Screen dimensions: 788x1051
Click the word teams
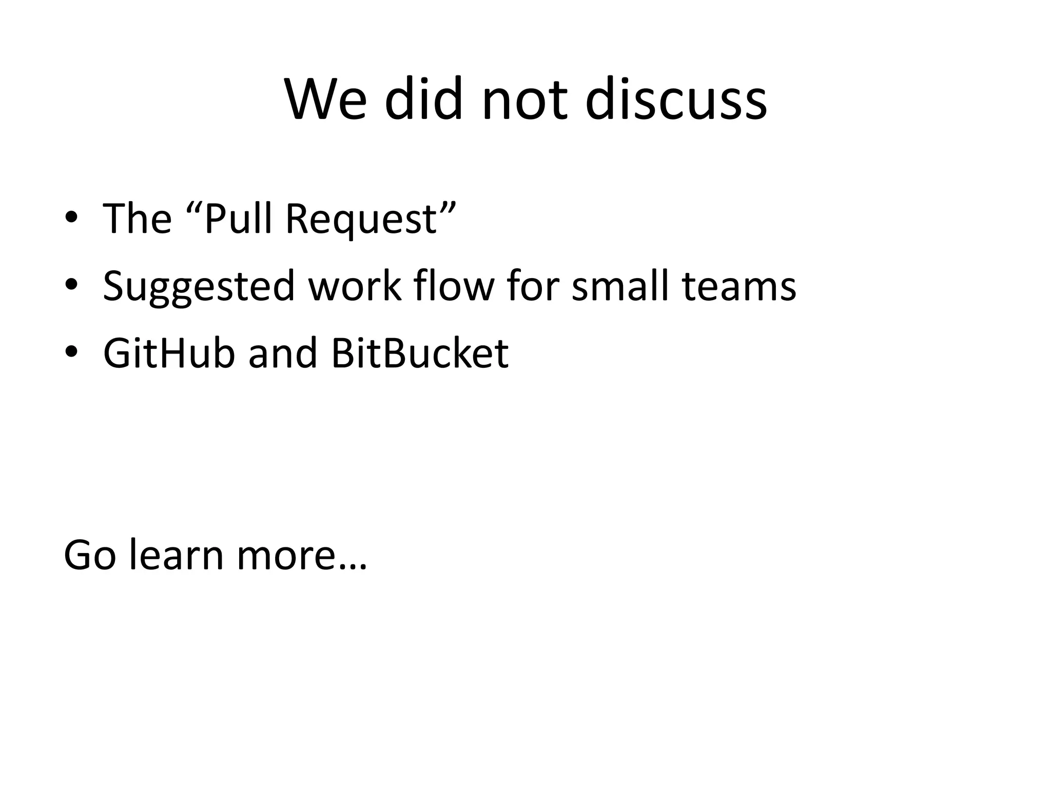pos(739,286)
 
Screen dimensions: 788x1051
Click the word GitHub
pos(169,353)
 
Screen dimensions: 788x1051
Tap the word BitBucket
pos(419,353)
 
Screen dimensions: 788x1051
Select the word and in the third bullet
pos(283,353)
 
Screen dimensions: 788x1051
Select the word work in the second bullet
pos(354,285)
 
